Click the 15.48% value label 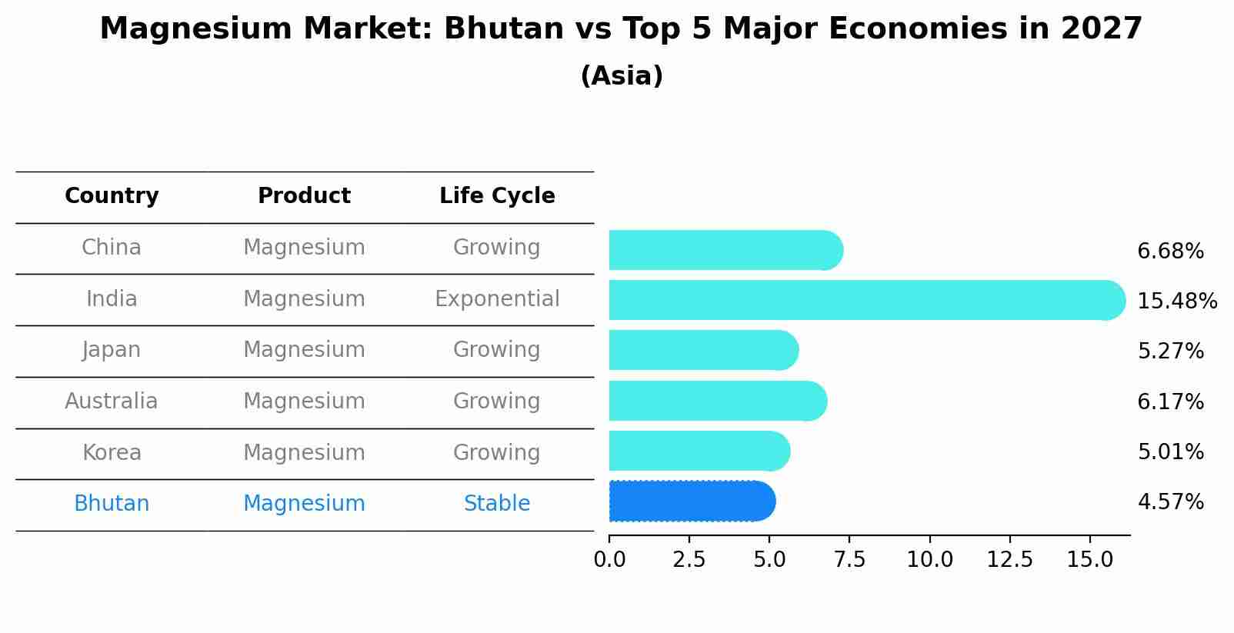click(x=1176, y=301)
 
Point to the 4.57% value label click(x=1170, y=502)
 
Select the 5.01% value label click(x=1170, y=452)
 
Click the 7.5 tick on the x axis click(x=849, y=560)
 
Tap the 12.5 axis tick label click(x=1009, y=560)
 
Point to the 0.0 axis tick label click(x=609, y=560)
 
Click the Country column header click(x=112, y=196)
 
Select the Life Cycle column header click(x=497, y=196)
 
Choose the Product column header click(x=304, y=196)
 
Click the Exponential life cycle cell click(x=497, y=299)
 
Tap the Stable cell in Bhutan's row click(x=497, y=504)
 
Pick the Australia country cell click(x=112, y=401)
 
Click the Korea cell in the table click(x=112, y=453)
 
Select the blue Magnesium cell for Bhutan click(x=304, y=504)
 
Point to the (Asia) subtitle click(x=622, y=76)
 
